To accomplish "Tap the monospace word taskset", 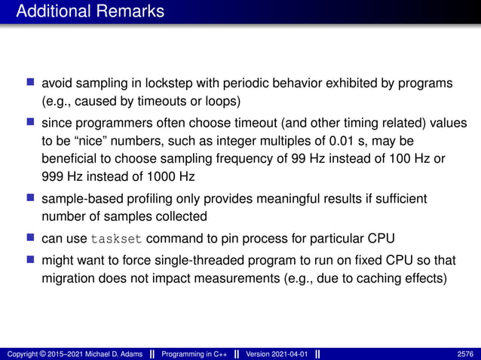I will click(115, 240).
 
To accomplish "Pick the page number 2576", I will click(465, 353).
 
